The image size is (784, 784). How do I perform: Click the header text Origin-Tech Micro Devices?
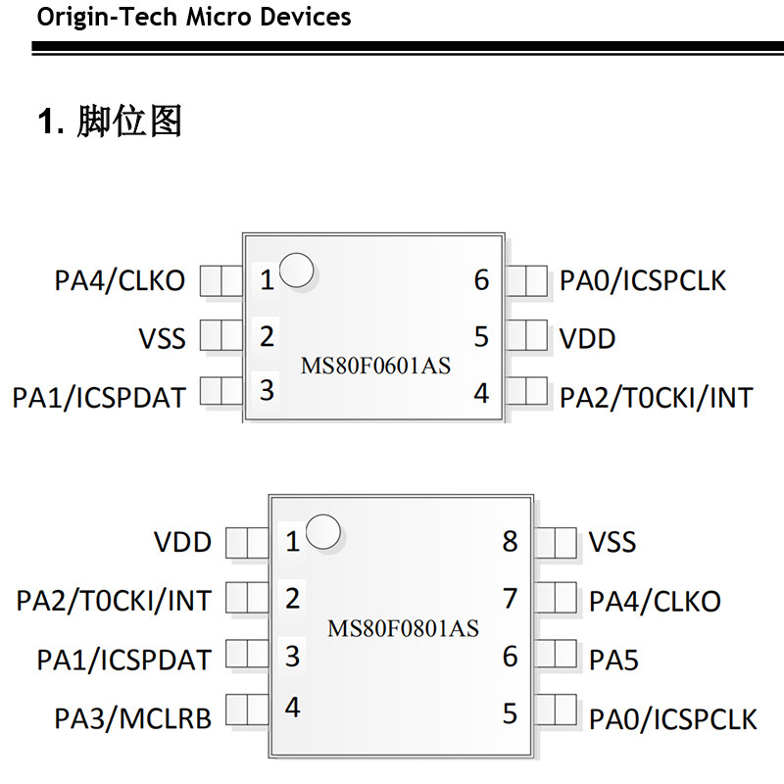click(193, 17)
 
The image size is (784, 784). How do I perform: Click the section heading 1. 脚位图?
click(110, 122)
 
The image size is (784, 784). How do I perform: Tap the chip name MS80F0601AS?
click(375, 367)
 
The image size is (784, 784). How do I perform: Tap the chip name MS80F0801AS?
click(403, 628)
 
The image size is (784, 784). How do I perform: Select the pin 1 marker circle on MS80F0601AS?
click(297, 271)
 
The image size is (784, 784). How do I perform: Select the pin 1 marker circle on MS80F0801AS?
click(323, 532)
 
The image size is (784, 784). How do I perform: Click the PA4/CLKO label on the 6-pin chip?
click(120, 281)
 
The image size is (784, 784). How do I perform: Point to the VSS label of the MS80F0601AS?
click(162, 339)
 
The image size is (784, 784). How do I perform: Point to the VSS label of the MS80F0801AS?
click(612, 542)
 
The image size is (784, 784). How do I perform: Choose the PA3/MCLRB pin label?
click(132, 718)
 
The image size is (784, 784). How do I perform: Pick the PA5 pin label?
click(613, 660)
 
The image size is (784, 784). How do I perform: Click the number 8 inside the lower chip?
click(510, 541)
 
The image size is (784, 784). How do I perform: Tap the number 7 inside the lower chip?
click(510, 598)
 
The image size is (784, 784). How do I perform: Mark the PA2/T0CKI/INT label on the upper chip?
click(656, 397)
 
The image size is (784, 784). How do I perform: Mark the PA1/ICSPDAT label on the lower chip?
click(123, 660)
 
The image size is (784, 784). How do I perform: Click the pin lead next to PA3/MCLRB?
click(247, 710)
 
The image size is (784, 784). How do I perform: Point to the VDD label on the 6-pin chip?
click(587, 339)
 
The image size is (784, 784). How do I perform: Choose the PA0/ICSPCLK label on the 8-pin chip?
click(672, 718)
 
